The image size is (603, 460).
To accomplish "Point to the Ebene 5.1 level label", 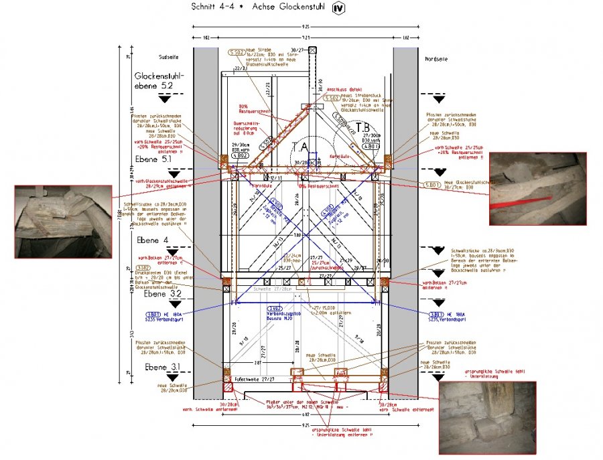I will pyautogui.click(x=153, y=159).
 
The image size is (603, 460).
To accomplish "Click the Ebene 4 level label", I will pyautogui.click(x=152, y=240).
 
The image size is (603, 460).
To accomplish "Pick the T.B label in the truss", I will pyautogui.click(x=362, y=127).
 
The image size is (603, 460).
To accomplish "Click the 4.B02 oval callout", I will pyautogui.click(x=240, y=156).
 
